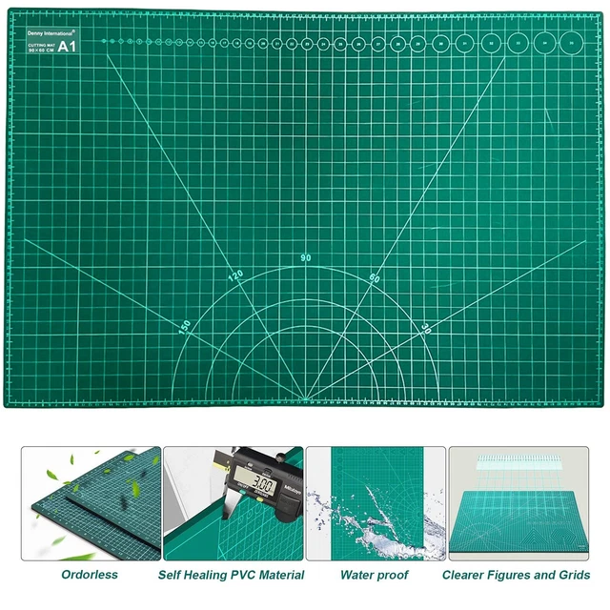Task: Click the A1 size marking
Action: pyautogui.click(x=68, y=46)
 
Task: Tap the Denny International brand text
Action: pyautogui.click(x=52, y=32)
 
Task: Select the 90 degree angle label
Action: pyautogui.click(x=305, y=258)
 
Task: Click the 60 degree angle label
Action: pyautogui.click(x=374, y=278)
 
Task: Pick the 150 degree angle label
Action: pyautogui.click(x=185, y=326)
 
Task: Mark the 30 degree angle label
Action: pyautogui.click(x=425, y=327)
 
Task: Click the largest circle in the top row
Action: pyautogui.click(x=572, y=42)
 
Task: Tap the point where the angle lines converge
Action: pyautogui.click(x=305, y=398)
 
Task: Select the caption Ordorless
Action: pyautogui.click(x=89, y=575)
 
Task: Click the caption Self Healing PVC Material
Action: pyautogui.click(x=232, y=575)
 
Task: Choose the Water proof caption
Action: pyautogui.click(x=374, y=575)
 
